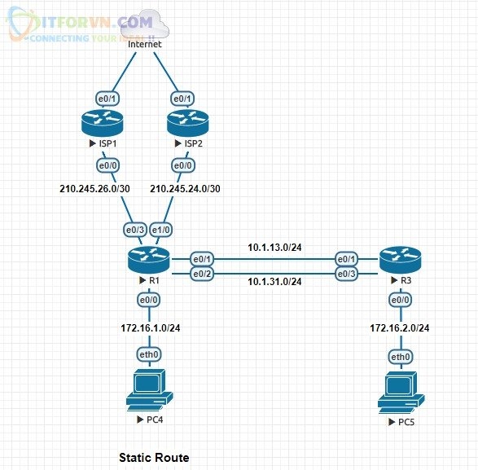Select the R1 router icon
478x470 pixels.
[x=147, y=260]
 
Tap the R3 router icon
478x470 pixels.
[x=400, y=260]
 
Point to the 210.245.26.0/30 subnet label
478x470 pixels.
[x=92, y=189]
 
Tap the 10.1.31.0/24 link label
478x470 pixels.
[x=274, y=282]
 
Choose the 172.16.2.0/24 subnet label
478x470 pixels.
[x=400, y=327]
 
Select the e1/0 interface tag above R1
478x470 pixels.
[x=160, y=231]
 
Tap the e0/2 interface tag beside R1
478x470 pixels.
[x=200, y=272]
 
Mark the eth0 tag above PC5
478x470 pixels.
[x=400, y=357]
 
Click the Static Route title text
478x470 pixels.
[x=154, y=458]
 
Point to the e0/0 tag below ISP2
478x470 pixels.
[x=182, y=165]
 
